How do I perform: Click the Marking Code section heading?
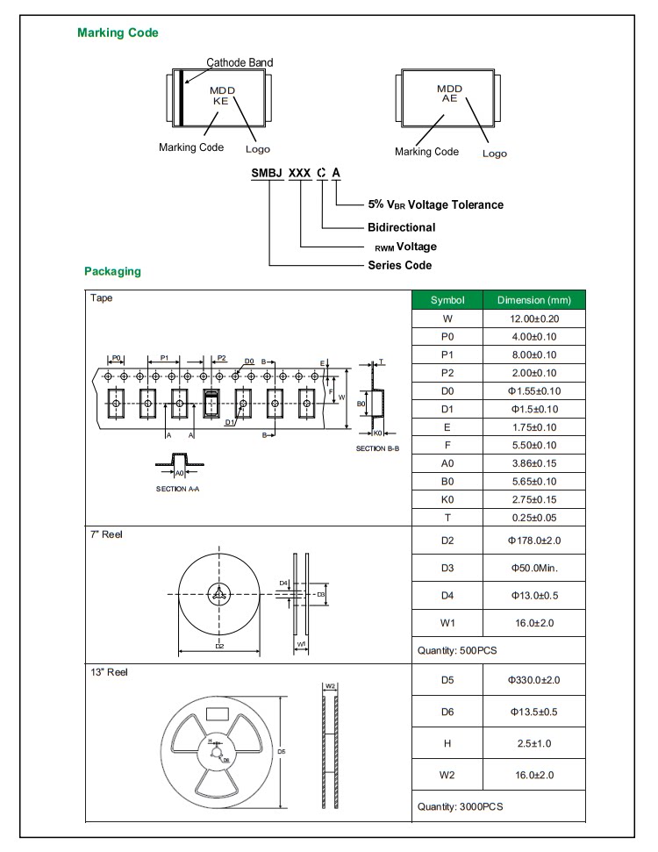pyautogui.click(x=118, y=33)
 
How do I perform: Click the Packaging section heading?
pyautogui.click(x=112, y=271)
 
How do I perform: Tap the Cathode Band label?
pyautogui.click(x=240, y=62)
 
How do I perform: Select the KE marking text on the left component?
pyautogui.click(x=220, y=101)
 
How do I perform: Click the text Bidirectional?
pyautogui.click(x=401, y=227)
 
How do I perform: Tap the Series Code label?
pyautogui.click(x=399, y=265)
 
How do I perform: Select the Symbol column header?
pyautogui.click(x=447, y=300)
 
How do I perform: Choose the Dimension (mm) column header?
pyautogui.click(x=533, y=300)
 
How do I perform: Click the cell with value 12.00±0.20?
pyautogui.click(x=533, y=319)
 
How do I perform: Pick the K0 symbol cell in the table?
pyautogui.click(x=447, y=499)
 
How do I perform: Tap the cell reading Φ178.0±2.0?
pyautogui.click(x=533, y=541)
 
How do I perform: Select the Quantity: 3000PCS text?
pyautogui.click(x=461, y=806)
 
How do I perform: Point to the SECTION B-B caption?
pyautogui.click(x=377, y=448)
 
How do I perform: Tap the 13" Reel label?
pyautogui.click(x=108, y=672)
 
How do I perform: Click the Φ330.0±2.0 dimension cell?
pyautogui.click(x=533, y=680)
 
